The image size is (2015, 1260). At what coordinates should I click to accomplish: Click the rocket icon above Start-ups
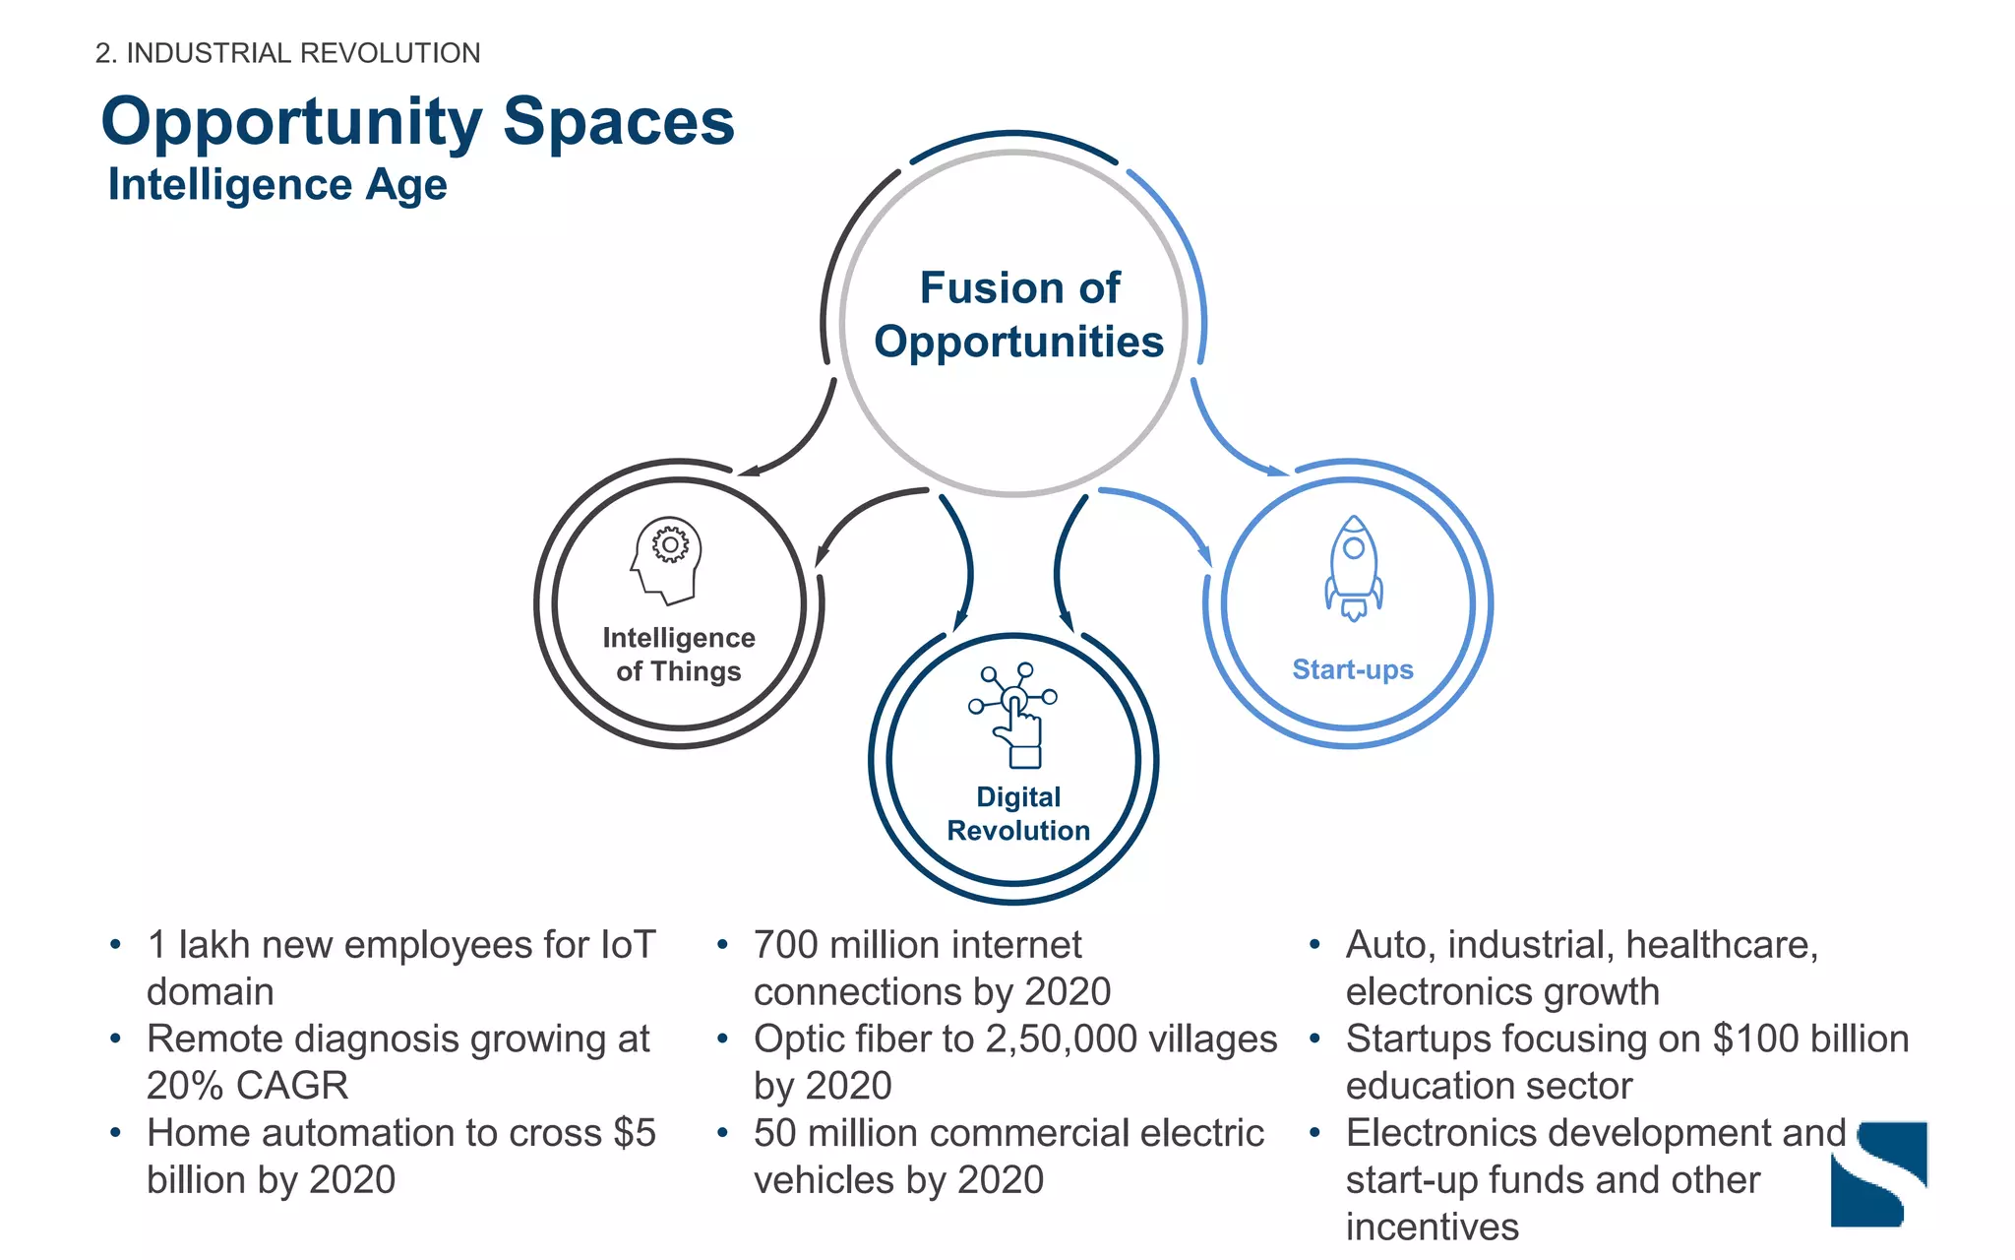[x=1353, y=568]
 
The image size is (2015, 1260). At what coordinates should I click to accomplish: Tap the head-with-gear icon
[x=667, y=559]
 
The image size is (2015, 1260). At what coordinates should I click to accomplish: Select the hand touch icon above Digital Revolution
[x=1013, y=716]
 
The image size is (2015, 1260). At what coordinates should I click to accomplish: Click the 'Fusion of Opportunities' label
[x=1018, y=315]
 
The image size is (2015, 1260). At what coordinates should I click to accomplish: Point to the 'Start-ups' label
[x=1352, y=669]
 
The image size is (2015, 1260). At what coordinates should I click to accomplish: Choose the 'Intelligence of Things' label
[x=678, y=655]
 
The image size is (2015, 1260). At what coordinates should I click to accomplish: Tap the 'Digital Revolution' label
[x=1018, y=814]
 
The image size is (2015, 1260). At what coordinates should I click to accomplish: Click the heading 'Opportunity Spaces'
[x=417, y=122]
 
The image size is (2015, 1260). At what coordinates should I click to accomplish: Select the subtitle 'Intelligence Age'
[x=276, y=185]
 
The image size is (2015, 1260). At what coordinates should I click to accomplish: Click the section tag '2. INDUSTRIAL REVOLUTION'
[x=287, y=53]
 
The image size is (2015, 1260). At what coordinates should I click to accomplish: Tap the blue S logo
[x=1878, y=1173]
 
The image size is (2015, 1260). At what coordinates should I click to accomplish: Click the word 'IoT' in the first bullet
[x=627, y=945]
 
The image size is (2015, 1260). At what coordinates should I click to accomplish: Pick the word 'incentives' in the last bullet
[x=1432, y=1228]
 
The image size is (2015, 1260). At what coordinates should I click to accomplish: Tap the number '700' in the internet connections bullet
[x=785, y=945]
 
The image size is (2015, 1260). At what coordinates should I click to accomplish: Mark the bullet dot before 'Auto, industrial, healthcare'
[x=1314, y=946]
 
